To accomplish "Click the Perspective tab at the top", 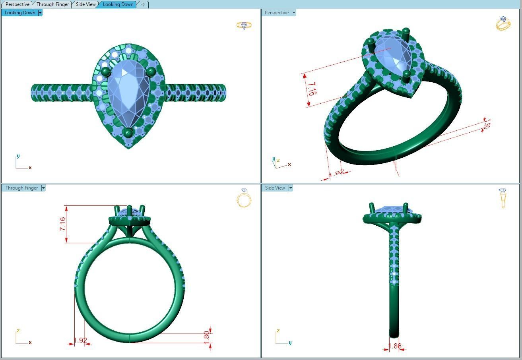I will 17,4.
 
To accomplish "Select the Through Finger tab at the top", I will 52,4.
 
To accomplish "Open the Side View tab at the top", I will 86,4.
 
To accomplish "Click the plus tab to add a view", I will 143,4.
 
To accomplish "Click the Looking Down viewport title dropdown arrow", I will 40,13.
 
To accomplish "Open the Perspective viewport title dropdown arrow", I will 294,13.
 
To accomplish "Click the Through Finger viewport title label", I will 21,188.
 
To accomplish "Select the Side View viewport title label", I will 275,188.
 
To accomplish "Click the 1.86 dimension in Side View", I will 395,346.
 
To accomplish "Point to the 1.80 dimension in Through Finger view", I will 206,335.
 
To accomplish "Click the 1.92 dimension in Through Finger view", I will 80,341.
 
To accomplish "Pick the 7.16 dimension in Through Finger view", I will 63,224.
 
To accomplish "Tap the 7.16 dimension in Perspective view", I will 312,89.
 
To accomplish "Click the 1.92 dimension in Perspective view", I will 337,173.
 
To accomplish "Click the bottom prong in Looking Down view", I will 128,132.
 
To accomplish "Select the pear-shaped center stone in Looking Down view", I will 128,91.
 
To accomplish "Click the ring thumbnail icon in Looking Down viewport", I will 244,25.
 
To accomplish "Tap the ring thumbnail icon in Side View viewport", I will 503,197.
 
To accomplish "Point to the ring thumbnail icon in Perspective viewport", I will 503,23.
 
